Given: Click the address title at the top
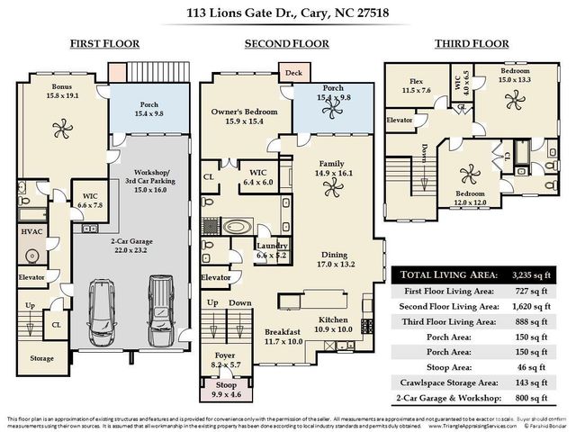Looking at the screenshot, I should click(288, 13).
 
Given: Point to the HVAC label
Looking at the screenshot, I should click(31, 230).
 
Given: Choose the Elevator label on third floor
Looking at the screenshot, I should click(399, 119).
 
